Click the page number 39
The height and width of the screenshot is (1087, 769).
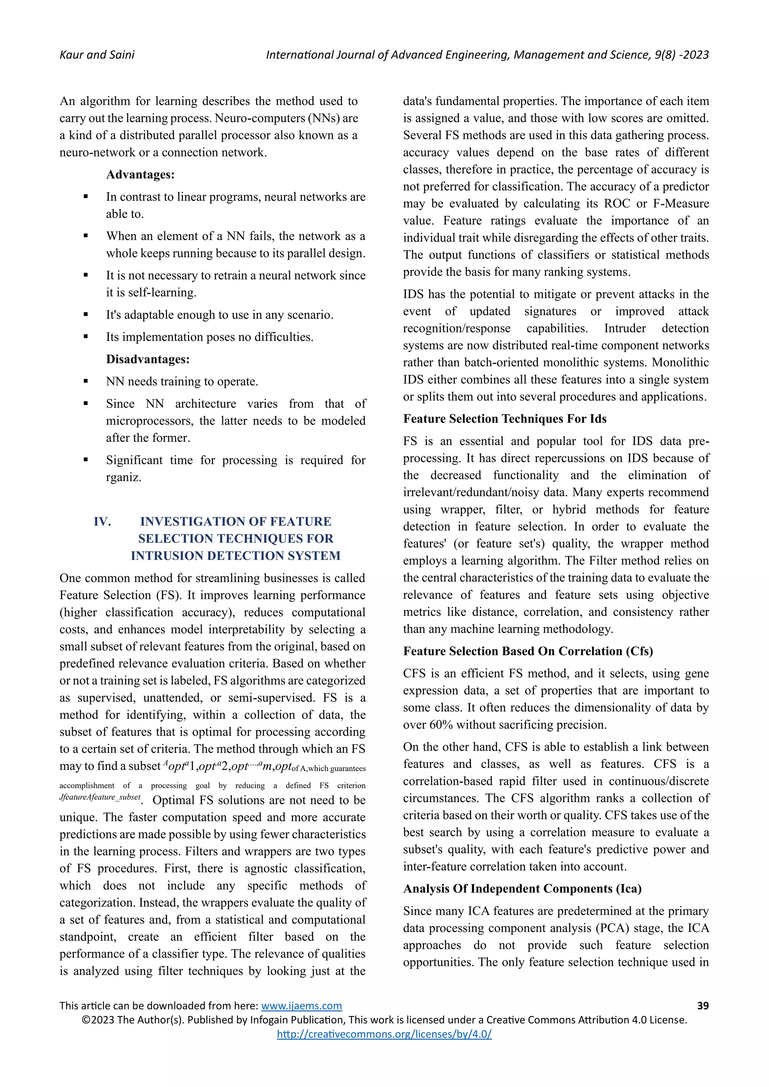tap(703, 1006)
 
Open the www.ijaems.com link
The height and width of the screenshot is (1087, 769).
tap(301, 1006)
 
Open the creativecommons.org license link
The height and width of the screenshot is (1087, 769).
tap(384, 1034)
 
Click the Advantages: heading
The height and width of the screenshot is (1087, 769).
tap(140, 175)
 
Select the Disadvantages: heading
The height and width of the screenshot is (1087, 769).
tap(148, 359)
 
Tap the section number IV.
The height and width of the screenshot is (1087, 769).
tap(102, 521)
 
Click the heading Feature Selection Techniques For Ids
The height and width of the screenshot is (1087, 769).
tap(505, 419)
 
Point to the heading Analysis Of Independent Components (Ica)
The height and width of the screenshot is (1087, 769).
tap(522, 889)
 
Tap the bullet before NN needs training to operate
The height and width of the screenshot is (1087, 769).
tap(86, 382)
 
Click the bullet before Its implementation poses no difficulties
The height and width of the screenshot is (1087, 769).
tap(86, 337)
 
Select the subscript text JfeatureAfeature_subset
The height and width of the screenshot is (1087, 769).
tap(100, 797)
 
